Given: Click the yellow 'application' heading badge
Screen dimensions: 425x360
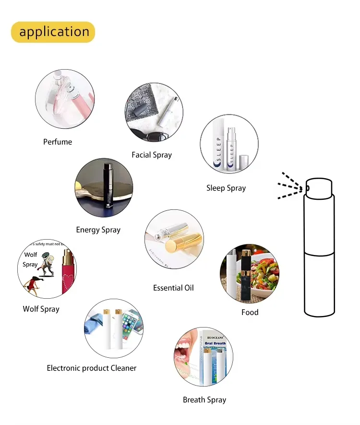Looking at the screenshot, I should (53, 32).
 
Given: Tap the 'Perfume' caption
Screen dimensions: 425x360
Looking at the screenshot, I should (58, 142).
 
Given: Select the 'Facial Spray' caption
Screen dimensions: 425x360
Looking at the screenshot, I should (152, 155).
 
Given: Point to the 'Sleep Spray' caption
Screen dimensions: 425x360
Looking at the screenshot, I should (226, 188).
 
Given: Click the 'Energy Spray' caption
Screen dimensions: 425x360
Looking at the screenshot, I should (98, 230).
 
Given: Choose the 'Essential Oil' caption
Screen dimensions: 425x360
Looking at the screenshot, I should (173, 288).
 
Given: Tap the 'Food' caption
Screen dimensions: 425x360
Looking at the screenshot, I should (250, 312).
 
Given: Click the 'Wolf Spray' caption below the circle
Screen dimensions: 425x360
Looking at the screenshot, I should (41, 309).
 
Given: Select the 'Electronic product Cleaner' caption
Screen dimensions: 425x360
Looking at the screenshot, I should (92, 368).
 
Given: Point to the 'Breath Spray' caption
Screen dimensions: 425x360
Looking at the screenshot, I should (204, 400).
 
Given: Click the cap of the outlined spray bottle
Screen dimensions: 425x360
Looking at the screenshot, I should (319, 187).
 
